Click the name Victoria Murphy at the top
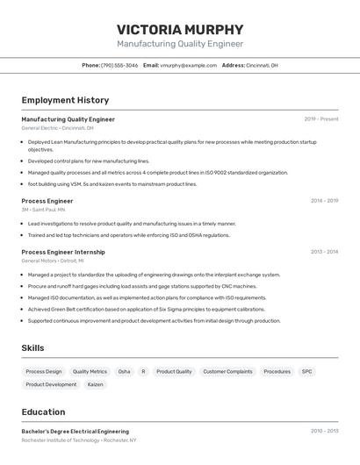pos(180,27)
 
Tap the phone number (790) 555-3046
pos(119,65)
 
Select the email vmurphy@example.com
pos(188,65)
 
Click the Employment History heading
pos(65,101)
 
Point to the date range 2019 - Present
pos(321,119)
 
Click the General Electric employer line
pos(57,128)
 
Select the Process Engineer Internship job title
pos(62,252)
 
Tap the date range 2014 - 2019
pos(324,201)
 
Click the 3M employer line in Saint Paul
pos(43,210)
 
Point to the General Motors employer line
pos(53,261)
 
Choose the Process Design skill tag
pos(44,371)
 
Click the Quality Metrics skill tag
pos(90,371)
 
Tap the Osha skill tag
pos(124,371)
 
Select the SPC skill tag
pos(306,371)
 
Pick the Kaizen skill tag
pos(96,384)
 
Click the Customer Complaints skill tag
pos(227,371)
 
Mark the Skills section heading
pos(32,348)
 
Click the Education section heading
pos(43,412)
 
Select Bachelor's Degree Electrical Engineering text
pos(75,432)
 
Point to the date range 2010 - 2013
pos(324,431)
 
